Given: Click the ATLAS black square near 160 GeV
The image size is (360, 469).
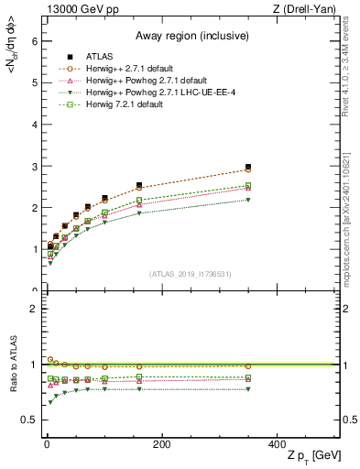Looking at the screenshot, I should click(139, 185).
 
